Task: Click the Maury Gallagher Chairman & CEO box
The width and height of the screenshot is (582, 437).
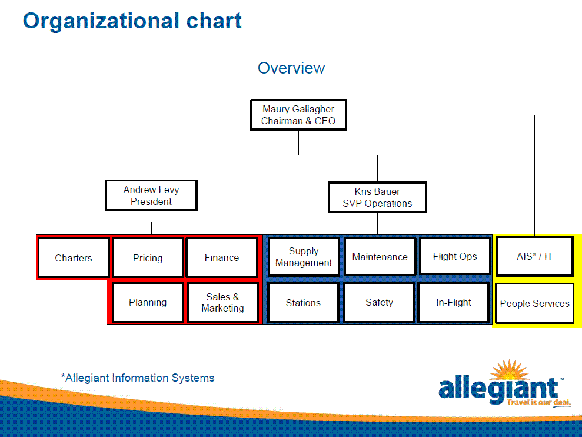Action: (298, 115)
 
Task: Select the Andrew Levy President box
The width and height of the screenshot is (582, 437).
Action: (151, 196)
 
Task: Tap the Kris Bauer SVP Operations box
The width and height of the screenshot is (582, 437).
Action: (377, 197)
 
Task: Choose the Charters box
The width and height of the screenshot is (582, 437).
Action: (74, 258)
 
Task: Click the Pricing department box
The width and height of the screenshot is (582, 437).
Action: (148, 258)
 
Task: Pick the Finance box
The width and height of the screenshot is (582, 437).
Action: (222, 257)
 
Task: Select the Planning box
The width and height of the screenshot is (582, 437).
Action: (148, 303)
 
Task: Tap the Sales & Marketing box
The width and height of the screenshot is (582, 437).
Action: (222, 303)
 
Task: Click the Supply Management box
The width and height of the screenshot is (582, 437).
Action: (304, 257)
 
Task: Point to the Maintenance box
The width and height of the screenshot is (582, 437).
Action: (380, 257)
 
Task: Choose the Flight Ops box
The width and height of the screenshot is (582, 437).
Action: (455, 256)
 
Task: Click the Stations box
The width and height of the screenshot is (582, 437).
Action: (303, 303)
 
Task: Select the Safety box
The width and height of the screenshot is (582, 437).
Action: (379, 303)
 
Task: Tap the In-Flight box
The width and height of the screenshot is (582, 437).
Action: (453, 303)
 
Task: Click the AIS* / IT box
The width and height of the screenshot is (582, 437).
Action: (535, 256)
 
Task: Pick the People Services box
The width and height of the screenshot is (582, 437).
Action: (535, 303)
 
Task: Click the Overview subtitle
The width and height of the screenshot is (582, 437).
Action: (291, 68)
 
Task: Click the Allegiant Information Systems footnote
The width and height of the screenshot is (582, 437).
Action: (138, 378)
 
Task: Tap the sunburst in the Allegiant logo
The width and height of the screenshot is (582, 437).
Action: (509, 369)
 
